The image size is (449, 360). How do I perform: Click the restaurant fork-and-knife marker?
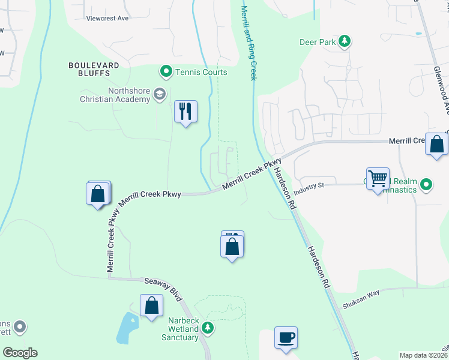click(185, 112)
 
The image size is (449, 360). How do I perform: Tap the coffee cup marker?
click(286, 337)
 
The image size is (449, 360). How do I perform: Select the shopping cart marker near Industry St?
click(378, 179)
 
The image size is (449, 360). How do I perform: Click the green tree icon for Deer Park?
click(345, 41)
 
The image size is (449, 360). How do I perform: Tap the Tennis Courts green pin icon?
click(166, 72)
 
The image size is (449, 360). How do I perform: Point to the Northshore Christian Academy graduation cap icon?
click(160, 94)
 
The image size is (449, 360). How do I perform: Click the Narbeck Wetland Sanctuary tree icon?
click(207, 328)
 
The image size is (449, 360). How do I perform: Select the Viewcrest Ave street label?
click(107, 18)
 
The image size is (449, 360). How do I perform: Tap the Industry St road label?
click(309, 186)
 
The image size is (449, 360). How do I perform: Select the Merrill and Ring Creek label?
click(249, 42)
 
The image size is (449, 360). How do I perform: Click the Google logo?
click(20, 353)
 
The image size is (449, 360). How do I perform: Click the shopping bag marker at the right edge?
click(436, 145)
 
